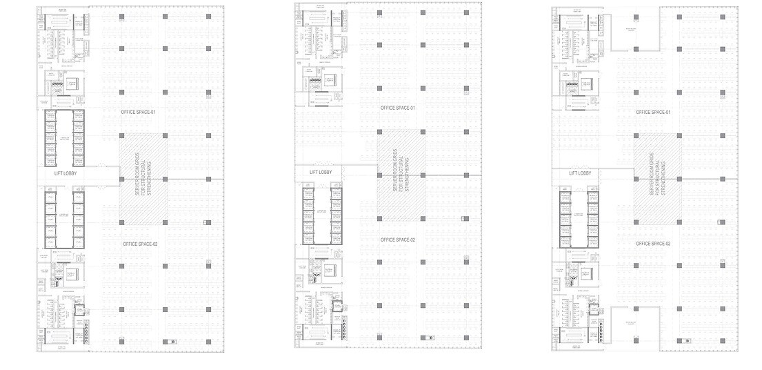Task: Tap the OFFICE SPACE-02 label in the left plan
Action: click(141, 244)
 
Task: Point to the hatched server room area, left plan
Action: click(143, 178)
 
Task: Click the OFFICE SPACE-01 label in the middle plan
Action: click(398, 108)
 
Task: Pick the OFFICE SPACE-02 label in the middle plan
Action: click(398, 240)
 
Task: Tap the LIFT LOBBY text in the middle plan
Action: click(321, 173)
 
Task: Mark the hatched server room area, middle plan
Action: click(401, 175)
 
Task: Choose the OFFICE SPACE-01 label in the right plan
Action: click(653, 111)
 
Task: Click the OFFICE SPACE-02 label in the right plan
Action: click(653, 244)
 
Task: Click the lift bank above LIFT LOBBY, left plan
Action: click(64, 138)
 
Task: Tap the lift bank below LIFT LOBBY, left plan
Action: click(64, 219)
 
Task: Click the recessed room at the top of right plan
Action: click(635, 35)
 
